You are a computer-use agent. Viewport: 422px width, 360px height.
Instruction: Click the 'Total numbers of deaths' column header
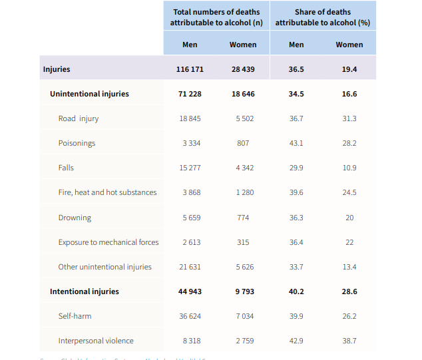click(216, 17)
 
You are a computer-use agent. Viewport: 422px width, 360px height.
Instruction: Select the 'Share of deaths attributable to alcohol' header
click(322, 17)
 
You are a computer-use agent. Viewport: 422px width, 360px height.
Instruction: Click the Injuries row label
click(57, 69)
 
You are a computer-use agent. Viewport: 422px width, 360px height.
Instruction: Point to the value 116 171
click(190, 69)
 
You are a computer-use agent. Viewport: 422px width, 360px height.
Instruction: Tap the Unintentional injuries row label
click(89, 94)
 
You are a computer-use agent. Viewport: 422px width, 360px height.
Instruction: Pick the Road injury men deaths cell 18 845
click(190, 118)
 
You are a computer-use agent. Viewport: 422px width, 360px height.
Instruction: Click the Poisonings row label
click(77, 143)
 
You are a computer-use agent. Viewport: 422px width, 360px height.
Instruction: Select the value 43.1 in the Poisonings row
click(296, 143)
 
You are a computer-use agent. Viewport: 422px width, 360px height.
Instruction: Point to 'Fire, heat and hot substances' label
click(107, 192)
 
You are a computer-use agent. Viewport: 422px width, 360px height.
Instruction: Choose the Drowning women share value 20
click(349, 218)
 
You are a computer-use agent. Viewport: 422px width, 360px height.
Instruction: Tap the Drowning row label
click(75, 218)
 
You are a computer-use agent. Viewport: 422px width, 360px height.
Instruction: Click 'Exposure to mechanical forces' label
click(108, 242)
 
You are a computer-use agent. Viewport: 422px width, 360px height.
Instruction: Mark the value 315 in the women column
click(243, 242)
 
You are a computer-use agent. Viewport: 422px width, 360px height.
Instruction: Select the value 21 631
click(190, 267)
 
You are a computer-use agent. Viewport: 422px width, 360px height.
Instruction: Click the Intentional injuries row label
click(85, 291)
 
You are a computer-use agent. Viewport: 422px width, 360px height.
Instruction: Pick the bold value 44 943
click(190, 291)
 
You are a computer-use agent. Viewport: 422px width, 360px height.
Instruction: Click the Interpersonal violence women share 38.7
click(349, 341)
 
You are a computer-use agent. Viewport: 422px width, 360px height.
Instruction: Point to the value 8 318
click(190, 341)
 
